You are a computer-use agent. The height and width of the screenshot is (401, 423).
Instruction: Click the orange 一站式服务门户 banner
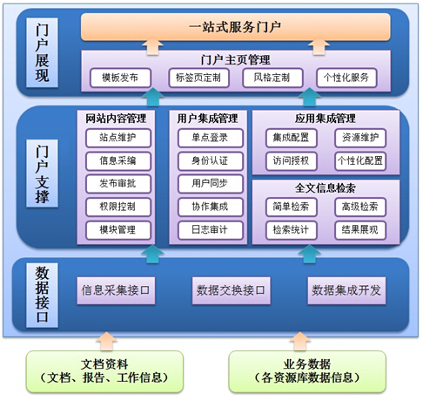pyautogui.click(x=235, y=27)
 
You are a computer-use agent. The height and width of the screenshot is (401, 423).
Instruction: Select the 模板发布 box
pyautogui.click(x=120, y=78)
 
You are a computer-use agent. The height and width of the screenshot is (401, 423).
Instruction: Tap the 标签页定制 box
pyautogui.click(x=198, y=78)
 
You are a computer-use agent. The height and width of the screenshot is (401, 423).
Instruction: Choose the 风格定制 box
pyautogui.click(x=272, y=78)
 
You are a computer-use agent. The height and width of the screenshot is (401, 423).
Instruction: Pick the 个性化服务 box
pyautogui.click(x=346, y=78)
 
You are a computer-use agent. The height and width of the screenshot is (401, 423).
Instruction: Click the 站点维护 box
pyautogui.click(x=118, y=138)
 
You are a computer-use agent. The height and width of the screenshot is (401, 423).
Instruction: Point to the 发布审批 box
pyautogui.click(x=118, y=184)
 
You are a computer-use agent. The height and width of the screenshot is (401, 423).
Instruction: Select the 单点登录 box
pyautogui.click(x=211, y=138)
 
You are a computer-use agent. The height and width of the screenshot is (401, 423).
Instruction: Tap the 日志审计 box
pyautogui.click(x=211, y=230)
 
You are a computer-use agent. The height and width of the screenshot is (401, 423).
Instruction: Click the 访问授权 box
pyautogui.click(x=291, y=160)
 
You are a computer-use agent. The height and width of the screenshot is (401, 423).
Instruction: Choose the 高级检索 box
pyautogui.click(x=360, y=207)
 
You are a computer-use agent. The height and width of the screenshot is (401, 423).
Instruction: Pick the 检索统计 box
pyautogui.click(x=291, y=230)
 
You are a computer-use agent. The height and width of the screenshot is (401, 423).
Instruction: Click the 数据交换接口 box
pyautogui.click(x=231, y=290)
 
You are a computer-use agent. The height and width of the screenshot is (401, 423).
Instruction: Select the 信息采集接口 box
pyautogui.click(x=116, y=290)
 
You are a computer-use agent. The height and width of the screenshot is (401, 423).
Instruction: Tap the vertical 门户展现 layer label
pyautogui.click(x=42, y=52)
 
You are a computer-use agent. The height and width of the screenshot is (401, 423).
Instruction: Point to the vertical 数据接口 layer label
pyautogui.click(x=42, y=296)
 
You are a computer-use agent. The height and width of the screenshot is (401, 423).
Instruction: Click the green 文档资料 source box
pyautogui.click(x=104, y=371)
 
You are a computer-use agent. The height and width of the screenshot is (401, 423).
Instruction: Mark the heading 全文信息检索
pyautogui.click(x=326, y=188)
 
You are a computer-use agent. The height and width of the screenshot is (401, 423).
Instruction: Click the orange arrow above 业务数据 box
pyautogui.click(x=300, y=342)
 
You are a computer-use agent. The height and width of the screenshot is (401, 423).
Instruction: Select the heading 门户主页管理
pyautogui.click(x=235, y=60)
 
